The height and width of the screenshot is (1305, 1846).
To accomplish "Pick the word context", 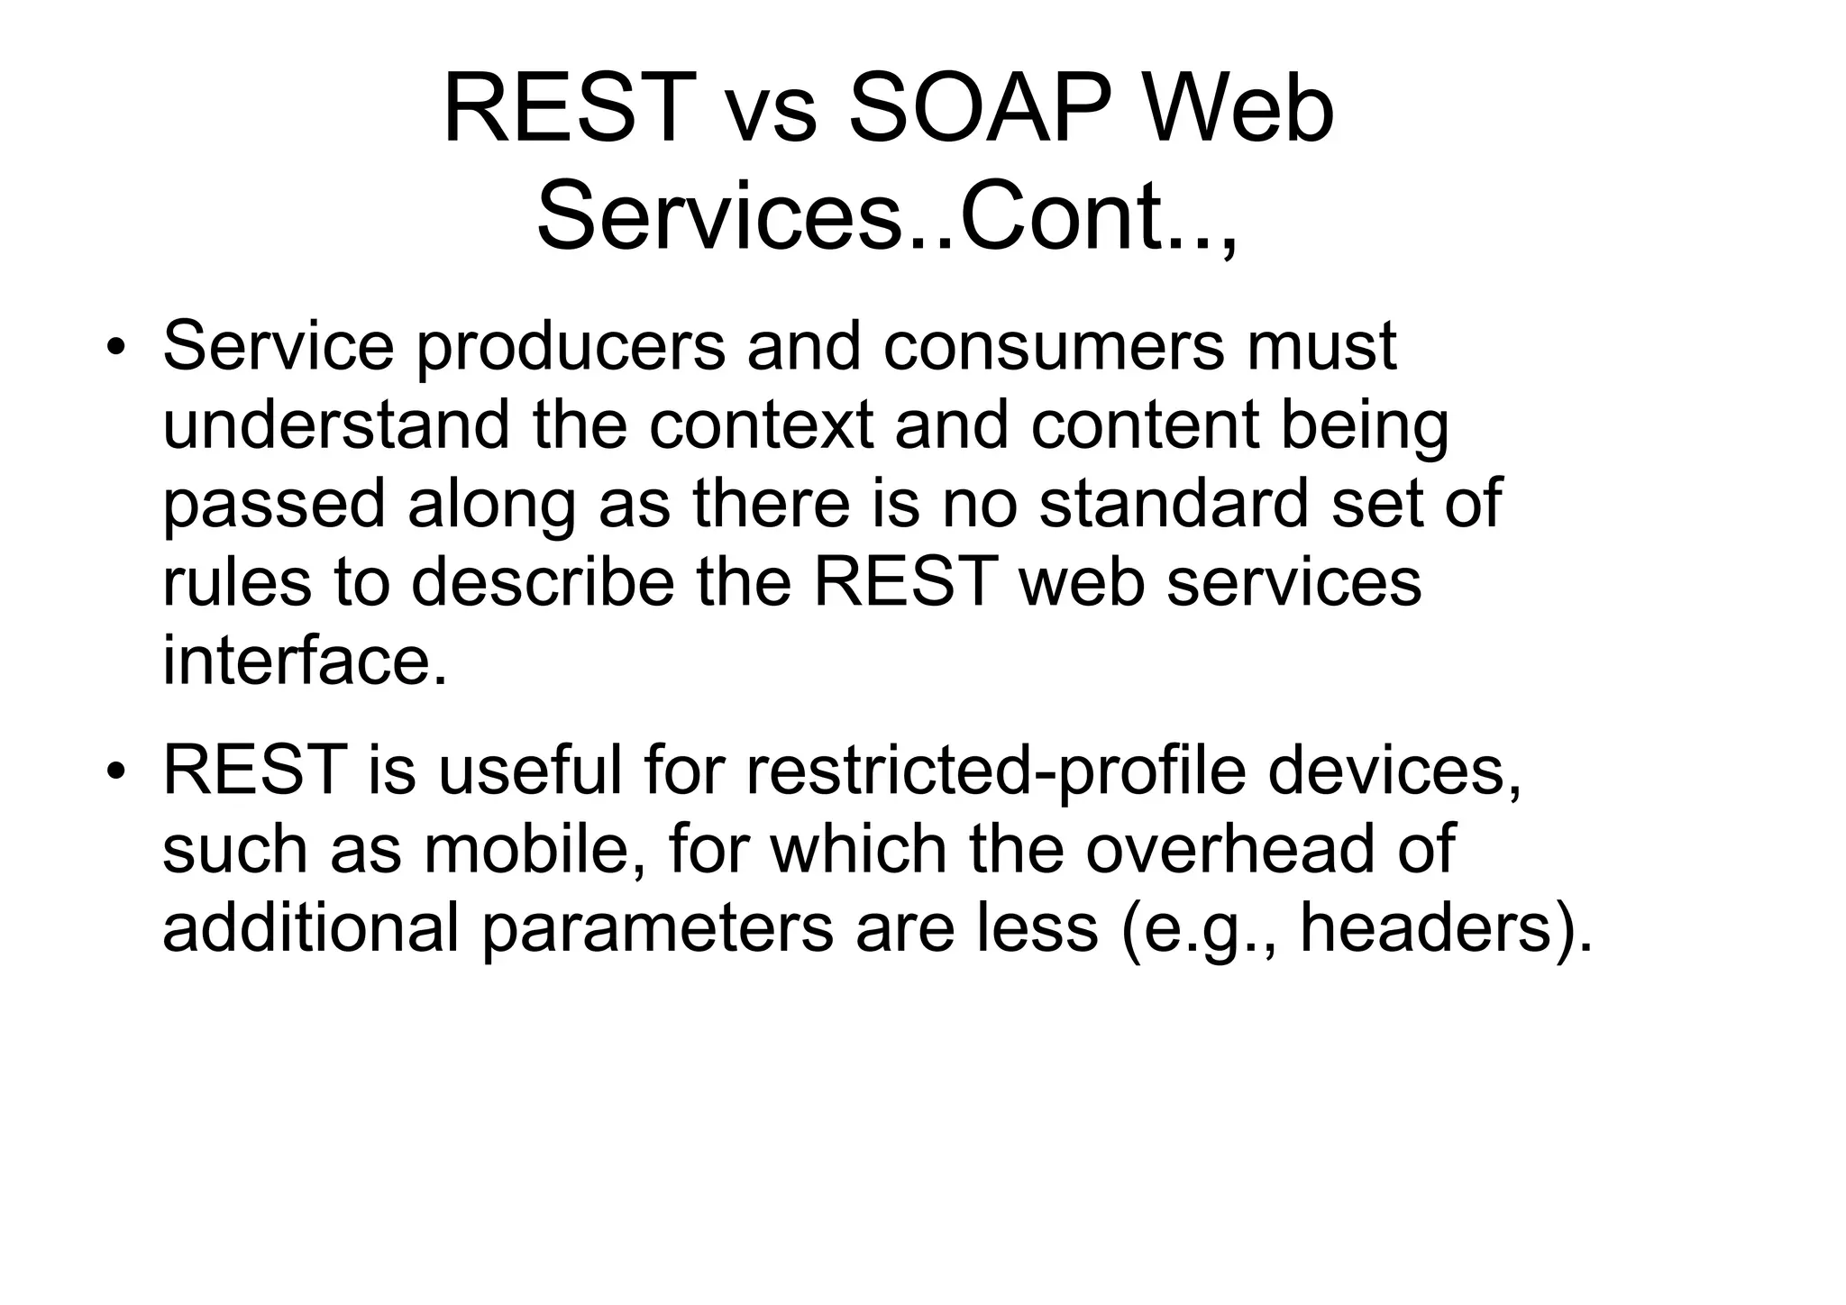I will (760, 424).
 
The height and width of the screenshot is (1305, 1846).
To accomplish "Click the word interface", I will (305, 660).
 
